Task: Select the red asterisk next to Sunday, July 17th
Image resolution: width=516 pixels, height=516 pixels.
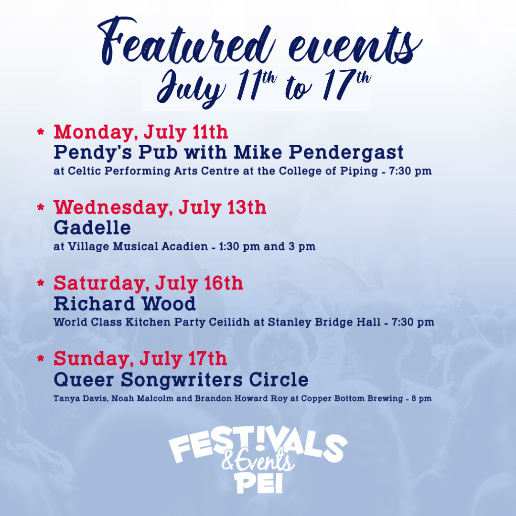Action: coord(41,358)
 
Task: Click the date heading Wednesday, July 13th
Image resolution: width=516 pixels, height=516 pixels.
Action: coord(160,207)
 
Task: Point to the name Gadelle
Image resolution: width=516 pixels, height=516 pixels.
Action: coord(92,227)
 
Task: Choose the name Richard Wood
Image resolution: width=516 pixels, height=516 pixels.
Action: coord(125,303)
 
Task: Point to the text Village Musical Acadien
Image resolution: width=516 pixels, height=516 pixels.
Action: coord(135,247)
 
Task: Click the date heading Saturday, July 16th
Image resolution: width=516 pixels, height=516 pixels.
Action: coord(148,283)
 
